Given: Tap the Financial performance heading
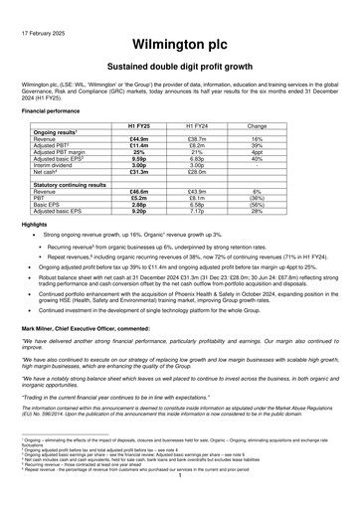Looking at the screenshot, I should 51,113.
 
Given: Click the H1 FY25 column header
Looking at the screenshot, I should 138,127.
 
